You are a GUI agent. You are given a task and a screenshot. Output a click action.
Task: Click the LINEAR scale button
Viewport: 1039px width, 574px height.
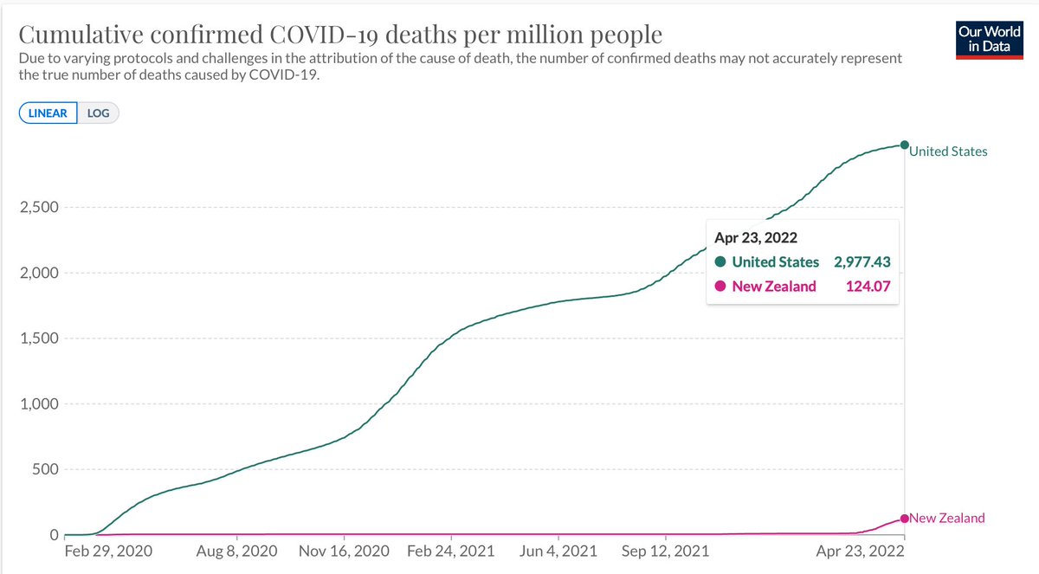coord(48,113)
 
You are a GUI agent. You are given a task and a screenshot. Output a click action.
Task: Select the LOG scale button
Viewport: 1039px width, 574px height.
coord(98,113)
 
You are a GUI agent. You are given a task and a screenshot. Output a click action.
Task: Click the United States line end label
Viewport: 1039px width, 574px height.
coord(949,152)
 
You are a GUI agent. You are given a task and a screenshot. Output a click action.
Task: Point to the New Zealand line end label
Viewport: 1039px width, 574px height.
coord(948,518)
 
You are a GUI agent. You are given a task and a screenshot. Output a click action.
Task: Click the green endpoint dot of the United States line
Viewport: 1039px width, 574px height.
coord(904,145)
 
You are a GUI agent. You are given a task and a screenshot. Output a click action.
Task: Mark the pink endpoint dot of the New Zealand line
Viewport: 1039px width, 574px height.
coord(905,519)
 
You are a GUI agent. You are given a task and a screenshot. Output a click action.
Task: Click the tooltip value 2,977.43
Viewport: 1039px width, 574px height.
coord(861,261)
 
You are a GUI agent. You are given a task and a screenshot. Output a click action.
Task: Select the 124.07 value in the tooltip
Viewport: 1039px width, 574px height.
coord(868,286)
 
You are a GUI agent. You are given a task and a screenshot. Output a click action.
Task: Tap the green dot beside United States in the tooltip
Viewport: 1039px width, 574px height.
coord(720,262)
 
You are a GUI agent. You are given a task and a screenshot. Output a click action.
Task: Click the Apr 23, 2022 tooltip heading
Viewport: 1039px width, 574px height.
coord(756,236)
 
